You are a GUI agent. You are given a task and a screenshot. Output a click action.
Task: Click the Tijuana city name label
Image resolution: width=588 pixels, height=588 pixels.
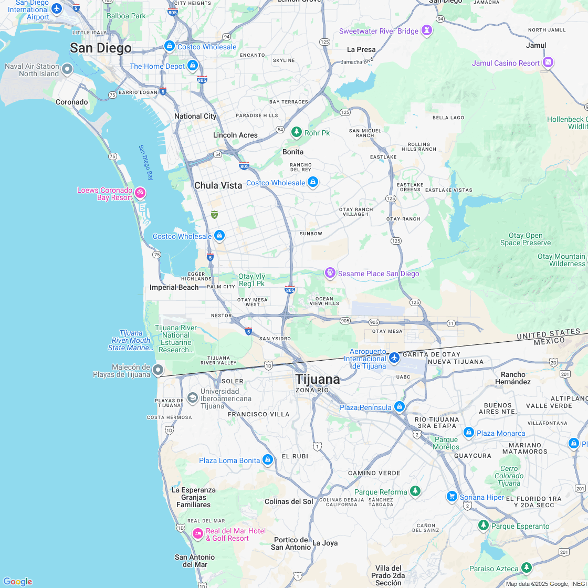click(317, 379)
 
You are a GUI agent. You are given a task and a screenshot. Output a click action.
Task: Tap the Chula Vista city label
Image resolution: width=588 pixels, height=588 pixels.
click(218, 185)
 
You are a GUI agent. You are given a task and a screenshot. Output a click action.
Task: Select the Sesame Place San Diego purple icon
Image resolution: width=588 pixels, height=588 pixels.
click(330, 273)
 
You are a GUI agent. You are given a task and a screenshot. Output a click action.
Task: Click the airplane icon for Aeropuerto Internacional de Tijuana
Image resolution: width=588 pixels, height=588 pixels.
click(395, 358)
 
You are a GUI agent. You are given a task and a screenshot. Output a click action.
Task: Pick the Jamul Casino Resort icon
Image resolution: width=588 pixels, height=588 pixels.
click(548, 63)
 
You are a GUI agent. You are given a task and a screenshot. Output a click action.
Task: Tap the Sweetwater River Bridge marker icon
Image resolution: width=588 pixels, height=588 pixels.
click(428, 31)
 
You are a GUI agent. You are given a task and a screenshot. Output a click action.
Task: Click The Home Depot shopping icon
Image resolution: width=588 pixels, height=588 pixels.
click(193, 66)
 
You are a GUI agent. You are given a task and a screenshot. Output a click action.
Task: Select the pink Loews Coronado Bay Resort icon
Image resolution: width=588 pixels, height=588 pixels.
click(140, 193)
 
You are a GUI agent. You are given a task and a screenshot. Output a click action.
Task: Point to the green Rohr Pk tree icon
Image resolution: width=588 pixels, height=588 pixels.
click(297, 132)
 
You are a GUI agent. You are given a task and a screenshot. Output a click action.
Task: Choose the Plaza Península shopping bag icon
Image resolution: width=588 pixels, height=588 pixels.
click(400, 407)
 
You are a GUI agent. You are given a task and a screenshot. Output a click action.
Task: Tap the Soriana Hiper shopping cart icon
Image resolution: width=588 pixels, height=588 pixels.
click(451, 497)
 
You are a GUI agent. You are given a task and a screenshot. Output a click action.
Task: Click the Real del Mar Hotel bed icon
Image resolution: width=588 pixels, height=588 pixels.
click(197, 534)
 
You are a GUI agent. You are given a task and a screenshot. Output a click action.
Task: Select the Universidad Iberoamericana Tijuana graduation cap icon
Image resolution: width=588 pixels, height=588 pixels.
click(192, 398)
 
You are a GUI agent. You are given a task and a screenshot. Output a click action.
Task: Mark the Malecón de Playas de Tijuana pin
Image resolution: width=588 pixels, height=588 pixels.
click(158, 371)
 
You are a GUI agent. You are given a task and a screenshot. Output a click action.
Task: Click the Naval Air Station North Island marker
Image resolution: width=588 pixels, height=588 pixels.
click(67, 69)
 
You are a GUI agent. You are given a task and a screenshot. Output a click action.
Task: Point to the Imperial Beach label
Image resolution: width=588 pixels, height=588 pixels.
click(174, 287)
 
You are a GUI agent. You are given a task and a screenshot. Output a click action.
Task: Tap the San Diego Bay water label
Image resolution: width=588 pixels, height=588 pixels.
click(146, 163)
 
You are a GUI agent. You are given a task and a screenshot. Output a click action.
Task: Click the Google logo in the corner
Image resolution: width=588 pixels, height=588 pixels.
click(17, 581)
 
